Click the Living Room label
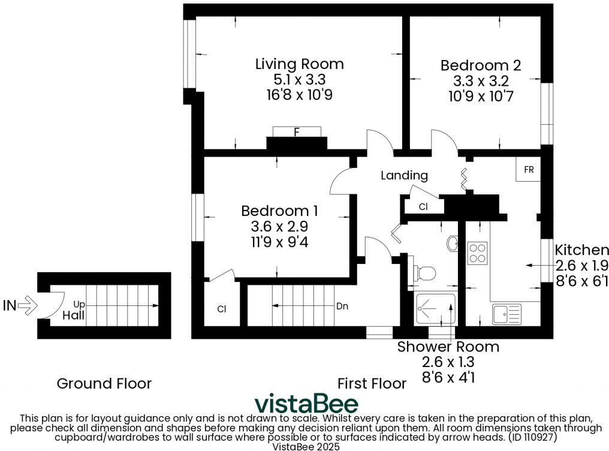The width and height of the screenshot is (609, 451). point(299,64)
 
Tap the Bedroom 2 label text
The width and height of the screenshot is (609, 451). point(480,65)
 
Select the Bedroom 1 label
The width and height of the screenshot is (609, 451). point(279,211)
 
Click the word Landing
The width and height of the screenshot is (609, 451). point(405,175)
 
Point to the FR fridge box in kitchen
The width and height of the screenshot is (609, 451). point(529,170)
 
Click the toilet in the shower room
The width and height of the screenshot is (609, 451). point(424,273)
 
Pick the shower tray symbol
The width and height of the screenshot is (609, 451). point(436,308)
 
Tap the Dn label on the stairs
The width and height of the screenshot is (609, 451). point(342,306)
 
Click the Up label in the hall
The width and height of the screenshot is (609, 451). point(80,304)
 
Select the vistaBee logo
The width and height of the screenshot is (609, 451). point(306,404)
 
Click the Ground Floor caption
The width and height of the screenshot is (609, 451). point(104,383)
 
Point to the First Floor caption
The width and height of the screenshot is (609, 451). point(372,383)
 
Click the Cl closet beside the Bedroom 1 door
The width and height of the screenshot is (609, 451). point(221,309)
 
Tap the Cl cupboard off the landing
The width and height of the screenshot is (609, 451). point(423,207)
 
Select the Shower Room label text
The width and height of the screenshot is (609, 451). point(448,347)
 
